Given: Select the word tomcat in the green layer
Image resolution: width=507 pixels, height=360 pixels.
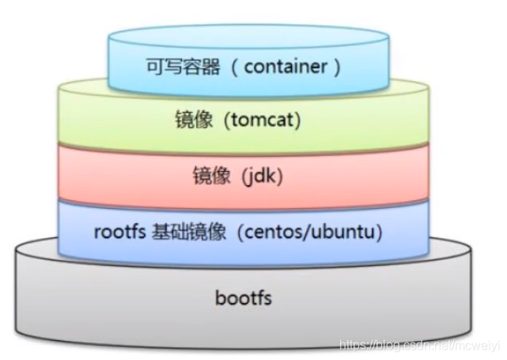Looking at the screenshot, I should click(x=267, y=122).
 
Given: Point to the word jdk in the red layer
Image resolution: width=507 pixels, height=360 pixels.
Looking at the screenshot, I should click(x=258, y=176).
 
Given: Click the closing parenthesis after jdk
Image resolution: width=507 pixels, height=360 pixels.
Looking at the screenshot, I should click(x=278, y=176).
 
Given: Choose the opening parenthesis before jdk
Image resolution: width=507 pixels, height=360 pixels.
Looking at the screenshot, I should click(x=238, y=176).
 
